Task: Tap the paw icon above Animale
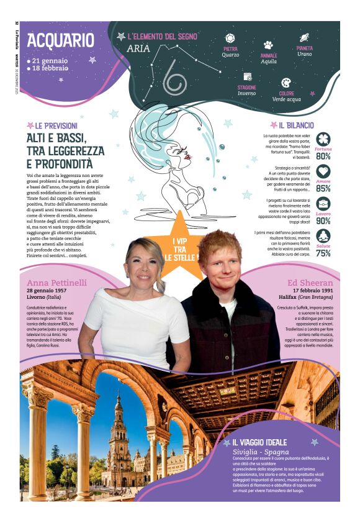point(268,45)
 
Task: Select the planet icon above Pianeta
point(305,38)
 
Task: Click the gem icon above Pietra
point(230,39)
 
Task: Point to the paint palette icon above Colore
point(286,83)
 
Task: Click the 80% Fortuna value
point(323,157)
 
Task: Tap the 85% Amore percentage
point(323,188)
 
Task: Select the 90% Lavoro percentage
point(323,221)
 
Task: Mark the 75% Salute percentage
point(323,253)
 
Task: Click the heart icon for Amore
point(323,171)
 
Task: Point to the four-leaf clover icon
point(323,139)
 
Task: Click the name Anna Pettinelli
point(56,283)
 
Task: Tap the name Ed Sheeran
point(312,283)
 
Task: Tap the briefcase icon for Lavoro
point(323,204)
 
